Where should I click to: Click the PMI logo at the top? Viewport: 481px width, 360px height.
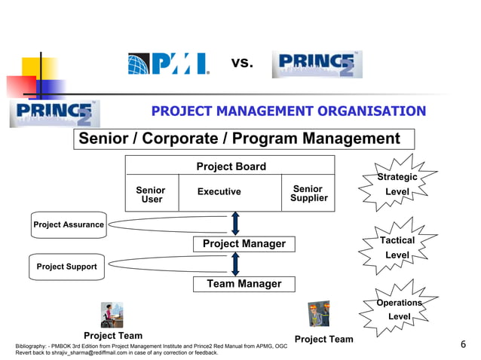(168, 64)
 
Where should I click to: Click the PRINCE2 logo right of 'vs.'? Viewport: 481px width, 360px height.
(317, 65)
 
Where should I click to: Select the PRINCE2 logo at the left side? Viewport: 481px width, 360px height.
(54, 113)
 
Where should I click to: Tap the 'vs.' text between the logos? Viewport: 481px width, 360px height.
(241, 63)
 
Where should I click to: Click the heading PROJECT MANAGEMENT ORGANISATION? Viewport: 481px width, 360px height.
(288, 111)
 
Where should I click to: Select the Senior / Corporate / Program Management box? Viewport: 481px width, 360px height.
(244, 139)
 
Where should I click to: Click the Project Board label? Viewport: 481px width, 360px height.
(231, 166)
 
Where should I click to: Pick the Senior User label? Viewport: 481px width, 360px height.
(151, 195)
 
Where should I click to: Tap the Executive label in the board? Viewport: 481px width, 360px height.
(219, 192)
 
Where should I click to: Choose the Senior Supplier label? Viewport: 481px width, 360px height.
(308, 194)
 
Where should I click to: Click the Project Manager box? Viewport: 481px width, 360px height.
(244, 244)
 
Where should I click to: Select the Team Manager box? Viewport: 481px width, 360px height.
(244, 284)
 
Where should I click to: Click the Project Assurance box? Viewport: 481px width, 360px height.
(68, 224)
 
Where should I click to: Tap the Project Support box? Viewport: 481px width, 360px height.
(66, 267)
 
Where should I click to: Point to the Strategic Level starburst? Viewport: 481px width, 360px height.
(397, 185)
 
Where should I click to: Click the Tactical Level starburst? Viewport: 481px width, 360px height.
(397, 248)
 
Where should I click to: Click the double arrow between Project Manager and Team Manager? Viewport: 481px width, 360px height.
(235, 264)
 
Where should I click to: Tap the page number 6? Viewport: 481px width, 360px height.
(463, 345)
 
